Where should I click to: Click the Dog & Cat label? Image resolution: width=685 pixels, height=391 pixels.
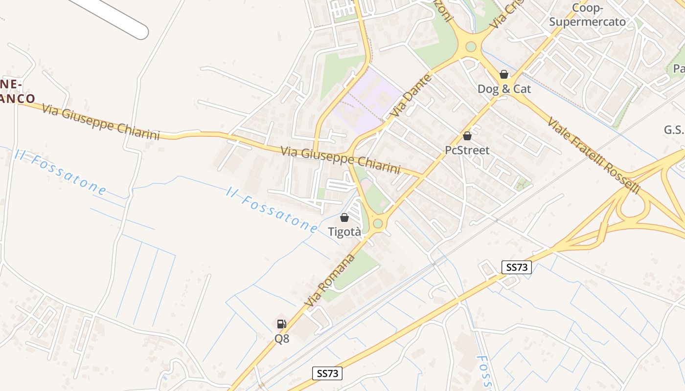click(504, 89)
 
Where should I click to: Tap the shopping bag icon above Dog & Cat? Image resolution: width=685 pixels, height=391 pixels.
click(504, 74)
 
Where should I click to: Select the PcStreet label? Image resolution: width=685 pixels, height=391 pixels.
click(467, 150)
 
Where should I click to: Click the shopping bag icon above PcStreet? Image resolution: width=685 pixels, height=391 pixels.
click(467, 136)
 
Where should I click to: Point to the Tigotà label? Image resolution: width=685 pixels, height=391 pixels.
click(344, 232)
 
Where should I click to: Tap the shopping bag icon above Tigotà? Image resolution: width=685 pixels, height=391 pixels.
click(344, 217)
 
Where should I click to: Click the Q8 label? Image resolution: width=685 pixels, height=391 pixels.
click(281, 338)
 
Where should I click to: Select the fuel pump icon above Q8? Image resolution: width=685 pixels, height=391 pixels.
click(281, 324)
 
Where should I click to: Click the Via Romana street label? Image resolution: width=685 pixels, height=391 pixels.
click(329, 280)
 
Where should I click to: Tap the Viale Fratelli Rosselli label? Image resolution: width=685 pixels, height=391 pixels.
click(594, 155)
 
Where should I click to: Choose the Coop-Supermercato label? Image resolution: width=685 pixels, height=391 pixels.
click(587, 15)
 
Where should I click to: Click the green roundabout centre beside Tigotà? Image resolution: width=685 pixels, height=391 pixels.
click(378, 223)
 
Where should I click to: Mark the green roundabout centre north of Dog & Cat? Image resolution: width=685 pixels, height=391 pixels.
click(471, 47)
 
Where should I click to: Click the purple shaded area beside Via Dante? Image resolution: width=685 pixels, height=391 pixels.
click(368, 98)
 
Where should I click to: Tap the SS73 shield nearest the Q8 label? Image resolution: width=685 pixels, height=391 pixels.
click(327, 374)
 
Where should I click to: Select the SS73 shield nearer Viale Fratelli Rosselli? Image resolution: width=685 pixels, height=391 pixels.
click(517, 267)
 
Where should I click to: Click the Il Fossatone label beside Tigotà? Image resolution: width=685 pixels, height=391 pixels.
click(272, 209)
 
